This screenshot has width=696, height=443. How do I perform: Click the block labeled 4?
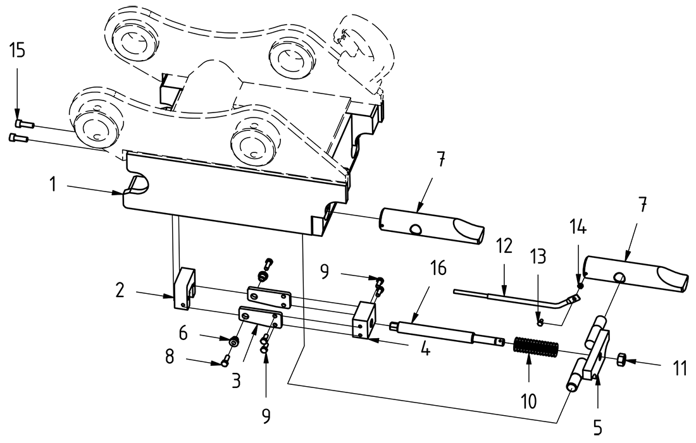(363, 319)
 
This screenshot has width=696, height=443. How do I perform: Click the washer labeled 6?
(234, 342)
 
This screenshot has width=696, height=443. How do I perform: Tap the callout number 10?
(529, 400)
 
